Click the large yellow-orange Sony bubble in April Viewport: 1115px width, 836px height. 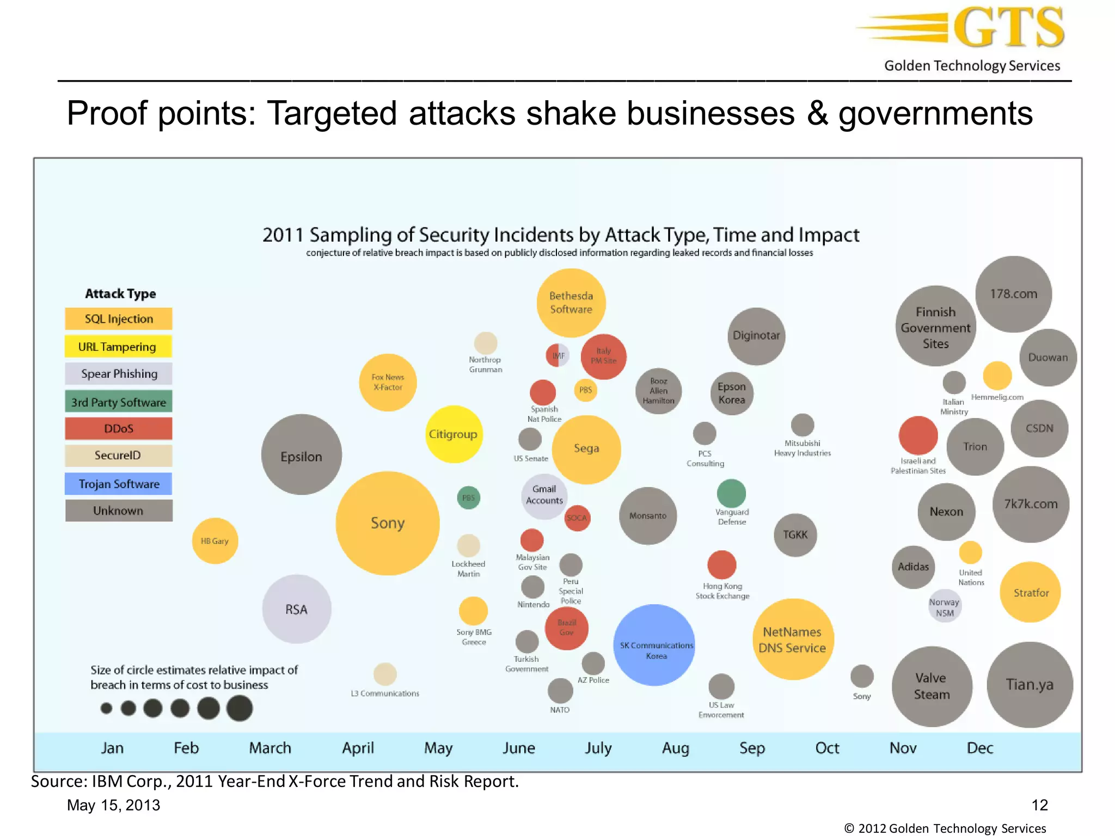(x=387, y=523)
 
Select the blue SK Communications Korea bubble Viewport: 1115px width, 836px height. (x=654, y=645)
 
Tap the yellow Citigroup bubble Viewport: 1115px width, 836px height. (x=453, y=434)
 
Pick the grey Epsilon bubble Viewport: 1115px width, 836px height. (x=301, y=454)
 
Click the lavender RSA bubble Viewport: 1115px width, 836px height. (x=297, y=609)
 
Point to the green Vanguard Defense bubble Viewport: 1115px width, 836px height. (x=731, y=493)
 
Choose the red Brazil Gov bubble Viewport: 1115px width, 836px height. (x=566, y=628)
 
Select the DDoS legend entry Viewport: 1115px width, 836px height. (x=119, y=428)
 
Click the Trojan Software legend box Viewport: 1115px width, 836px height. (x=119, y=484)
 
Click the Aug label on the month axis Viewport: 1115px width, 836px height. (x=675, y=748)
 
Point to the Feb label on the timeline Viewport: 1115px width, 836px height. (x=186, y=748)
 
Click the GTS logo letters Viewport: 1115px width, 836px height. (x=1008, y=27)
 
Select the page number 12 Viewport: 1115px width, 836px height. (x=1039, y=805)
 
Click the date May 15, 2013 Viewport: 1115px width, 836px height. (x=113, y=805)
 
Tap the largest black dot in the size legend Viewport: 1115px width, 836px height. (x=240, y=708)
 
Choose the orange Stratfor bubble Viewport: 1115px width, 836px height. (x=1030, y=592)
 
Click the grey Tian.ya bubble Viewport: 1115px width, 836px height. (x=1030, y=685)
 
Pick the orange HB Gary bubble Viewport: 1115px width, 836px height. (x=215, y=540)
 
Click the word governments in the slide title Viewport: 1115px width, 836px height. (x=935, y=113)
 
